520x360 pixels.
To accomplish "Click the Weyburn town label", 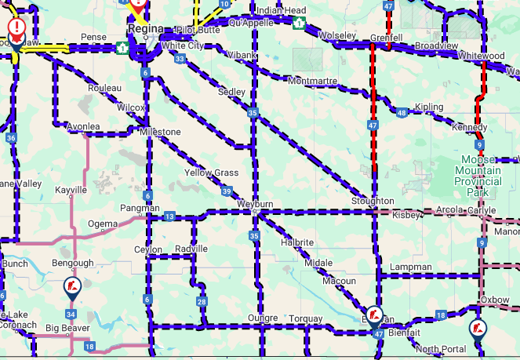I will pyautogui.click(x=255, y=204).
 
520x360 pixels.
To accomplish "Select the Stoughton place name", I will pyautogui.click(x=373, y=201).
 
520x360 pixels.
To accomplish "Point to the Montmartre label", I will pyautogui.click(x=313, y=81).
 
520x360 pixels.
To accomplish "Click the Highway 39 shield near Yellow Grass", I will pyautogui.click(x=227, y=191).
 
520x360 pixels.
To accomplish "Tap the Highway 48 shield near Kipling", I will pyautogui.click(x=402, y=113).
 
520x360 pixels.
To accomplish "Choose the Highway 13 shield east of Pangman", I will pyautogui.click(x=169, y=216).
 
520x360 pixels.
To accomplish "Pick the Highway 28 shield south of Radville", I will pyautogui.click(x=202, y=302).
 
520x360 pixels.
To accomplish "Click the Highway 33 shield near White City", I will pyautogui.click(x=180, y=59).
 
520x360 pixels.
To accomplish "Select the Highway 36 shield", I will pyautogui.click(x=11, y=138).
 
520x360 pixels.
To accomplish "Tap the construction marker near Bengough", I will pyautogui.click(x=71, y=287).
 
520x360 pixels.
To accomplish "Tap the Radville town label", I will pyautogui.click(x=191, y=249).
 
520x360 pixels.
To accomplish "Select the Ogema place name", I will pyautogui.click(x=102, y=224).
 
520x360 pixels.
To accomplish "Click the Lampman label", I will pyautogui.click(x=410, y=267).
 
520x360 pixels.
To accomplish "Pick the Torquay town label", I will pyautogui.click(x=305, y=318).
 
